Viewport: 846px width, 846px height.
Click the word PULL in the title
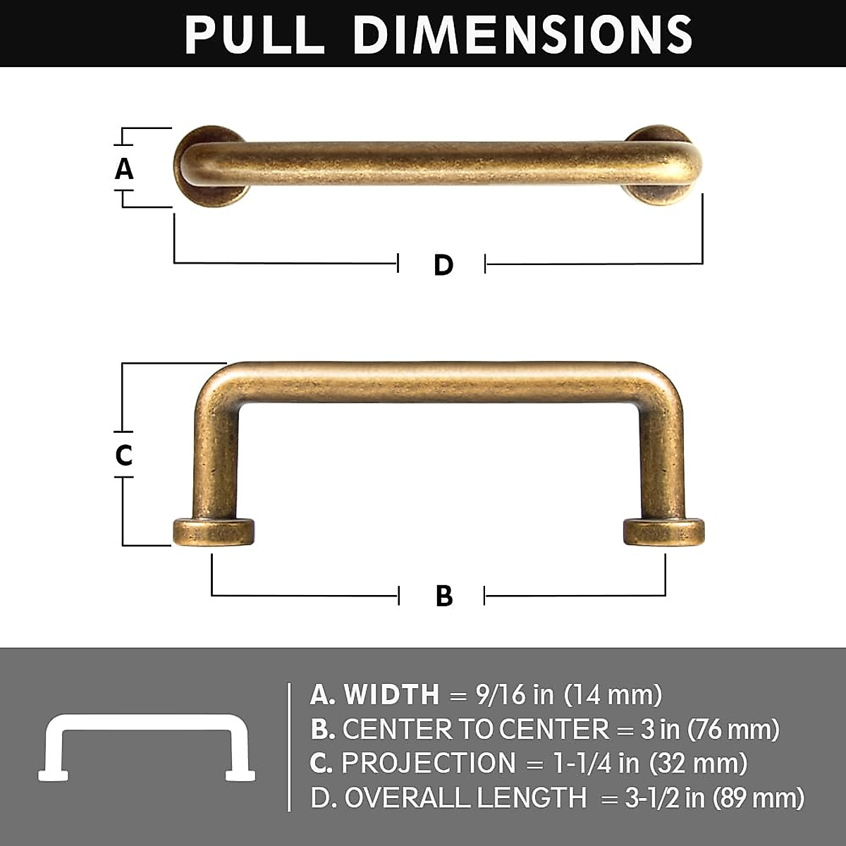[255, 34]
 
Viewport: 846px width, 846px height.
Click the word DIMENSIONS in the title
[522, 34]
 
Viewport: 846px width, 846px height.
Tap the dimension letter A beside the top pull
[124, 169]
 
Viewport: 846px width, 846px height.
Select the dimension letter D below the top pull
[443, 265]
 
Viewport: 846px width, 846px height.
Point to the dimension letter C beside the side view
[124, 455]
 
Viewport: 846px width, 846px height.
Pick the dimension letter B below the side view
[444, 596]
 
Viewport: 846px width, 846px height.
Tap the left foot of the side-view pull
[214, 532]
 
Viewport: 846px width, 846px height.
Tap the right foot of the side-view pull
[663, 532]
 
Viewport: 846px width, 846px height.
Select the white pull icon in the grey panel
[147, 747]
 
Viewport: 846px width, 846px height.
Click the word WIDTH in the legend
[392, 695]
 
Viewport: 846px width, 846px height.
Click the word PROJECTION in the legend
[429, 764]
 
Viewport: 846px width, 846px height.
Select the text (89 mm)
[759, 798]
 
